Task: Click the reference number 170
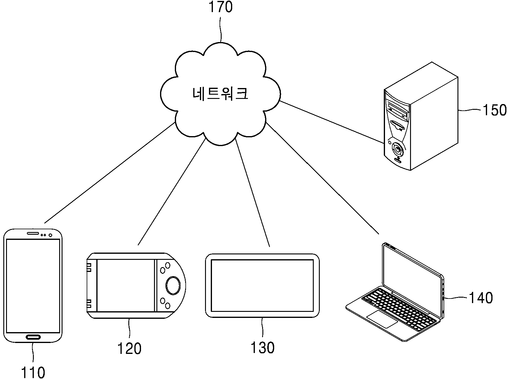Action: pos(220,7)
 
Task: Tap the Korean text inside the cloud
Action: pos(220,93)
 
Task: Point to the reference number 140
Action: pos(481,298)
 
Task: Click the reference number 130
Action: pos(263,348)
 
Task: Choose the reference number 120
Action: pos(129,348)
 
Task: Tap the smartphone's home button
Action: pos(33,337)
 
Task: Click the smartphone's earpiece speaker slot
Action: pos(33,233)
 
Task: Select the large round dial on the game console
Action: pos(173,285)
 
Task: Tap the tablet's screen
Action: pos(262,286)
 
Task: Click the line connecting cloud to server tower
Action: pos(332,122)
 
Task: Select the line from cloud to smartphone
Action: pos(110,173)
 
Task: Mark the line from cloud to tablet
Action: pos(252,193)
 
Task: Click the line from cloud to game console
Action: pos(172,192)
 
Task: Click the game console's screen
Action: pos(126,285)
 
